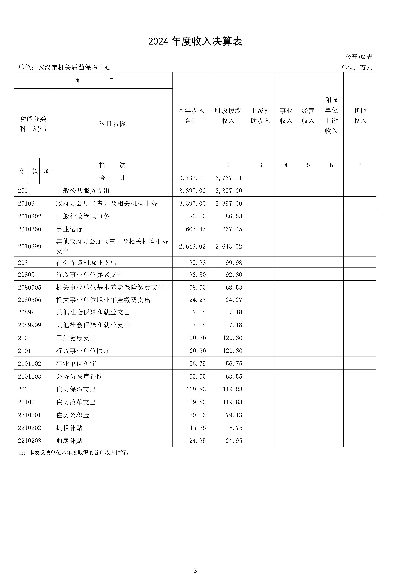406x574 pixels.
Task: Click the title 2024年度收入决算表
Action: coord(195,41)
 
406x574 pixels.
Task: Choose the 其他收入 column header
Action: coord(360,115)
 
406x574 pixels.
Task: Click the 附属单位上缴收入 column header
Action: coord(331,115)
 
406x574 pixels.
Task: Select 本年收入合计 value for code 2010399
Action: coord(192,247)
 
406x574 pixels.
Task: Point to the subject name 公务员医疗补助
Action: coord(80,376)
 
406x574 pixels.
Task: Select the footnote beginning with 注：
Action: coord(74,452)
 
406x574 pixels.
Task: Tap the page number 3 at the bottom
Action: coord(195,571)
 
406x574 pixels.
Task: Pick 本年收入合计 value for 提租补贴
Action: coord(198,428)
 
